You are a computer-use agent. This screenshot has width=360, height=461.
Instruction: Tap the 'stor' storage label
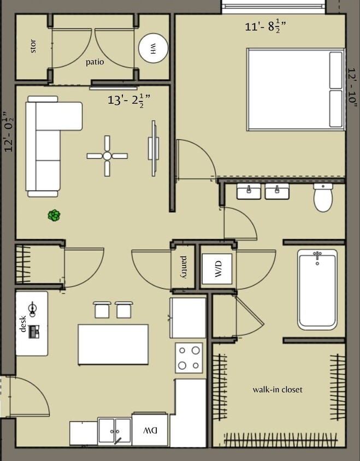tap(33, 48)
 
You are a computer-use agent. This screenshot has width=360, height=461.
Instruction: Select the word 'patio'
tap(95, 62)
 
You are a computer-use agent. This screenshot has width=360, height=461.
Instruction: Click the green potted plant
tap(54, 216)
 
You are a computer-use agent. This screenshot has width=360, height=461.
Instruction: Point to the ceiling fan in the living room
tap(107, 156)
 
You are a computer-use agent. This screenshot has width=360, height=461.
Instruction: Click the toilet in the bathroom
tap(323, 197)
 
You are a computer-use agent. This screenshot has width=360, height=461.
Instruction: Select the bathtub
tap(317, 289)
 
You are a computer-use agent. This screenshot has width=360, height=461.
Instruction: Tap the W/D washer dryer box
tap(217, 269)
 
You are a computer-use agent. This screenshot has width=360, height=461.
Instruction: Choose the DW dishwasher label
tap(150, 431)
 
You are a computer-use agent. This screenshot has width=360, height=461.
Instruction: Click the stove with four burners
tap(189, 358)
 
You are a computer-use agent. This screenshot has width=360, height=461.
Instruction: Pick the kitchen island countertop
tap(113, 344)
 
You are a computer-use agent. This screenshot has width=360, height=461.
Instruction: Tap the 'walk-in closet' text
tap(277, 390)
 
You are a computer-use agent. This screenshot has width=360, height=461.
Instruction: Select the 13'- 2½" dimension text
tap(129, 101)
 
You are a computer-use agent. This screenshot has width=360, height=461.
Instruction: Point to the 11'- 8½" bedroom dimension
tap(267, 26)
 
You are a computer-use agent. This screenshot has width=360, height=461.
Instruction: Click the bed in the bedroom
tap(296, 89)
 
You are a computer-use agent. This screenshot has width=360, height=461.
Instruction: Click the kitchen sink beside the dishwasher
tap(115, 431)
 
